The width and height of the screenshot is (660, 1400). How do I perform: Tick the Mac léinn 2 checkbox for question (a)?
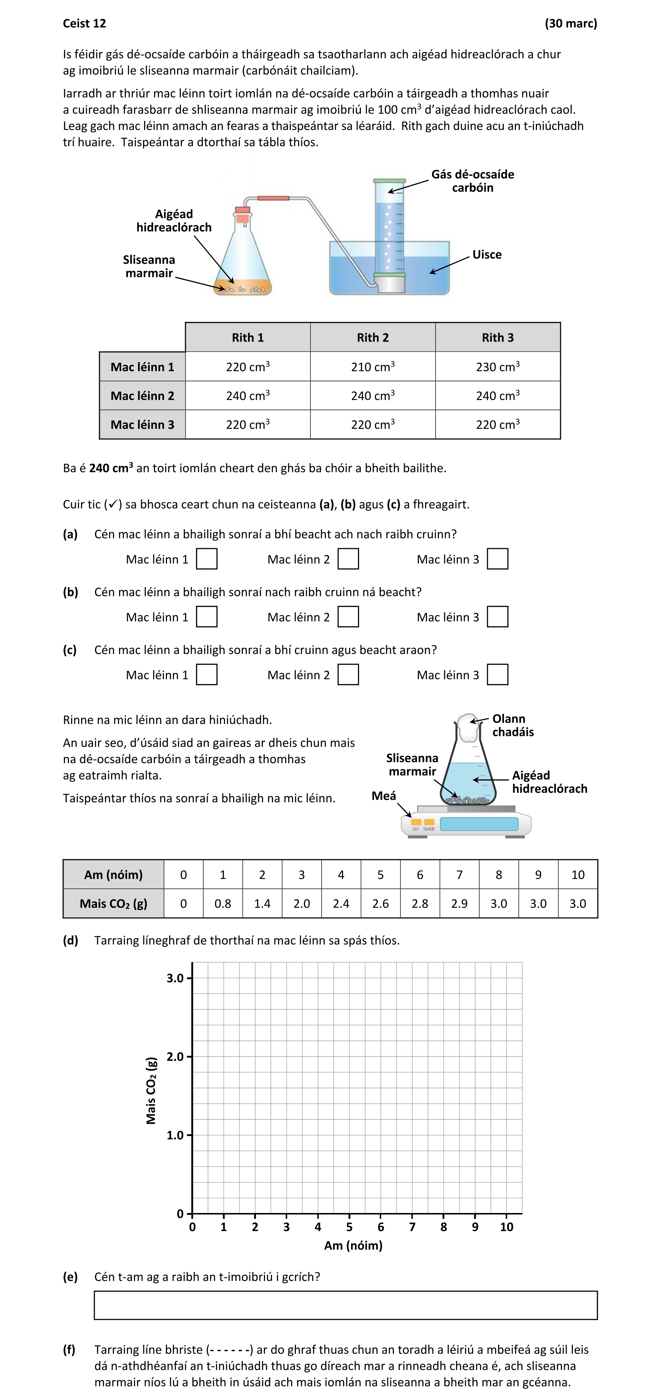point(348,559)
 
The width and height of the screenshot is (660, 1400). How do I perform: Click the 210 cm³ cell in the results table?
point(372,366)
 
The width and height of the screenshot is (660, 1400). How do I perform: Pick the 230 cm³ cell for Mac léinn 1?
point(498,366)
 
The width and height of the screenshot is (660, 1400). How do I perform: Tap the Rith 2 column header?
point(372,338)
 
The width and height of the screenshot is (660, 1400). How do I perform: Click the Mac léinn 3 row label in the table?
point(142,424)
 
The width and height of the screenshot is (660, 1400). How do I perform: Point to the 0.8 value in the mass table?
point(223,903)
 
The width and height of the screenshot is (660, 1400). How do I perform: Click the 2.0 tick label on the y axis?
point(175,1057)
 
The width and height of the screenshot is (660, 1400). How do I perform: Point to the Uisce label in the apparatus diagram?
point(487,255)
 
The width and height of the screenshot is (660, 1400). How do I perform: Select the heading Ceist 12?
point(84,23)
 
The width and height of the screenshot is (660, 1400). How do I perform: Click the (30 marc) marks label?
point(570,23)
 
